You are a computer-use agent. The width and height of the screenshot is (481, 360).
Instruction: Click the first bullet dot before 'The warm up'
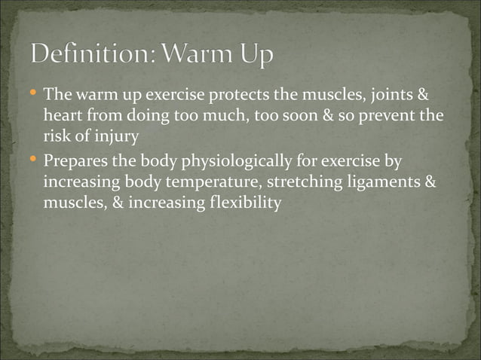click(x=34, y=95)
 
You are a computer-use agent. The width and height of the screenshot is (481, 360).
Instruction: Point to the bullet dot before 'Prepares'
click(x=34, y=160)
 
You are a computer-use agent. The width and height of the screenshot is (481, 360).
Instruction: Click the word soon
click(x=303, y=118)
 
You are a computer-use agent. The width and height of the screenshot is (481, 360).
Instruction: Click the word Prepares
click(x=78, y=162)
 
